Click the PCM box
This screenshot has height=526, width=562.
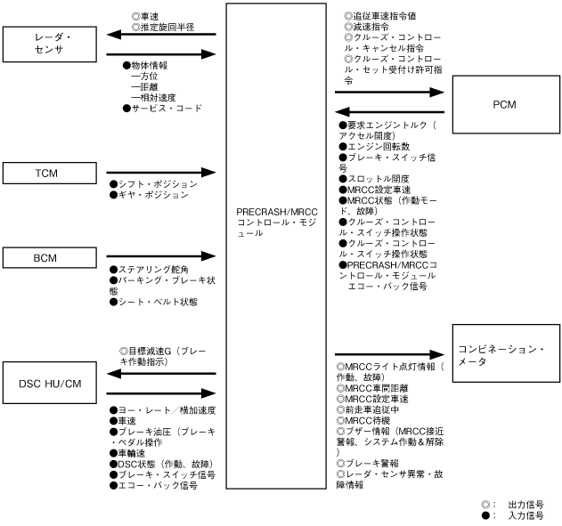coord(503,104)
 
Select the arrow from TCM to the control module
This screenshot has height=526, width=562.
coord(161,171)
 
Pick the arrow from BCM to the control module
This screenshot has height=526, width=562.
coord(161,258)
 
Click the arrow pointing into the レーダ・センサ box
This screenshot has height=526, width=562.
coord(161,35)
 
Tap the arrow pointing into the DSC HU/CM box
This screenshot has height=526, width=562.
coord(161,374)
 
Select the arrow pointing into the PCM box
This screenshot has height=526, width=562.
coord(389,91)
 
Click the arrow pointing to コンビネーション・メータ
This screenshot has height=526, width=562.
coord(389,354)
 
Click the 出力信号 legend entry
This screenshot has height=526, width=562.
coord(525,504)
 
